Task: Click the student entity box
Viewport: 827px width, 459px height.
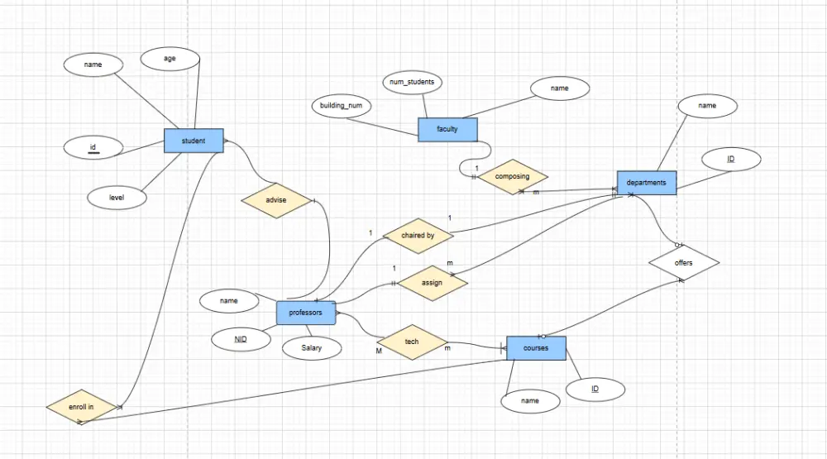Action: coord(194,141)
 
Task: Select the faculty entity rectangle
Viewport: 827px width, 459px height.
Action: coord(447,129)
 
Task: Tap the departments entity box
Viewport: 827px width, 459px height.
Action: coord(647,183)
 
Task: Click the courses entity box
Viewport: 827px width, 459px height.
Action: coord(536,348)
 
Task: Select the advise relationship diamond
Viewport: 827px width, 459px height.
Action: coord(275,201)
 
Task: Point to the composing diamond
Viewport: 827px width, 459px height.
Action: coord(513,176)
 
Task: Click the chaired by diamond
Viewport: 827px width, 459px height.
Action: coord(418,236)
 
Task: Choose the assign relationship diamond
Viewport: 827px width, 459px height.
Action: coord(432,282)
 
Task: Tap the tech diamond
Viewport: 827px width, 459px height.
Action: coord(412,342)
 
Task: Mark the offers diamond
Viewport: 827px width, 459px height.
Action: coord(684,263)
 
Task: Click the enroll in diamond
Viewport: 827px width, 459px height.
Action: coord(81,407)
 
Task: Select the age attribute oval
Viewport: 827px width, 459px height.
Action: coord(170,59)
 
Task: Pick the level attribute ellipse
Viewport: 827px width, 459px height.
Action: coord(117,198)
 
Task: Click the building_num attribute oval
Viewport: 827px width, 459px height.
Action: coord(341,106)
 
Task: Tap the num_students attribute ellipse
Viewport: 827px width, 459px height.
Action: coord(413,83)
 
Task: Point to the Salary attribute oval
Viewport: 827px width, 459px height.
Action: coord(312,348)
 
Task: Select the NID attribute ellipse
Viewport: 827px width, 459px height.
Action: coord(241,339)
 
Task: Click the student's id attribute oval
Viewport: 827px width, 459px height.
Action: coord(93,148)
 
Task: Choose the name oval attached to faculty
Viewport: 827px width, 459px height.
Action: coord(560,88)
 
